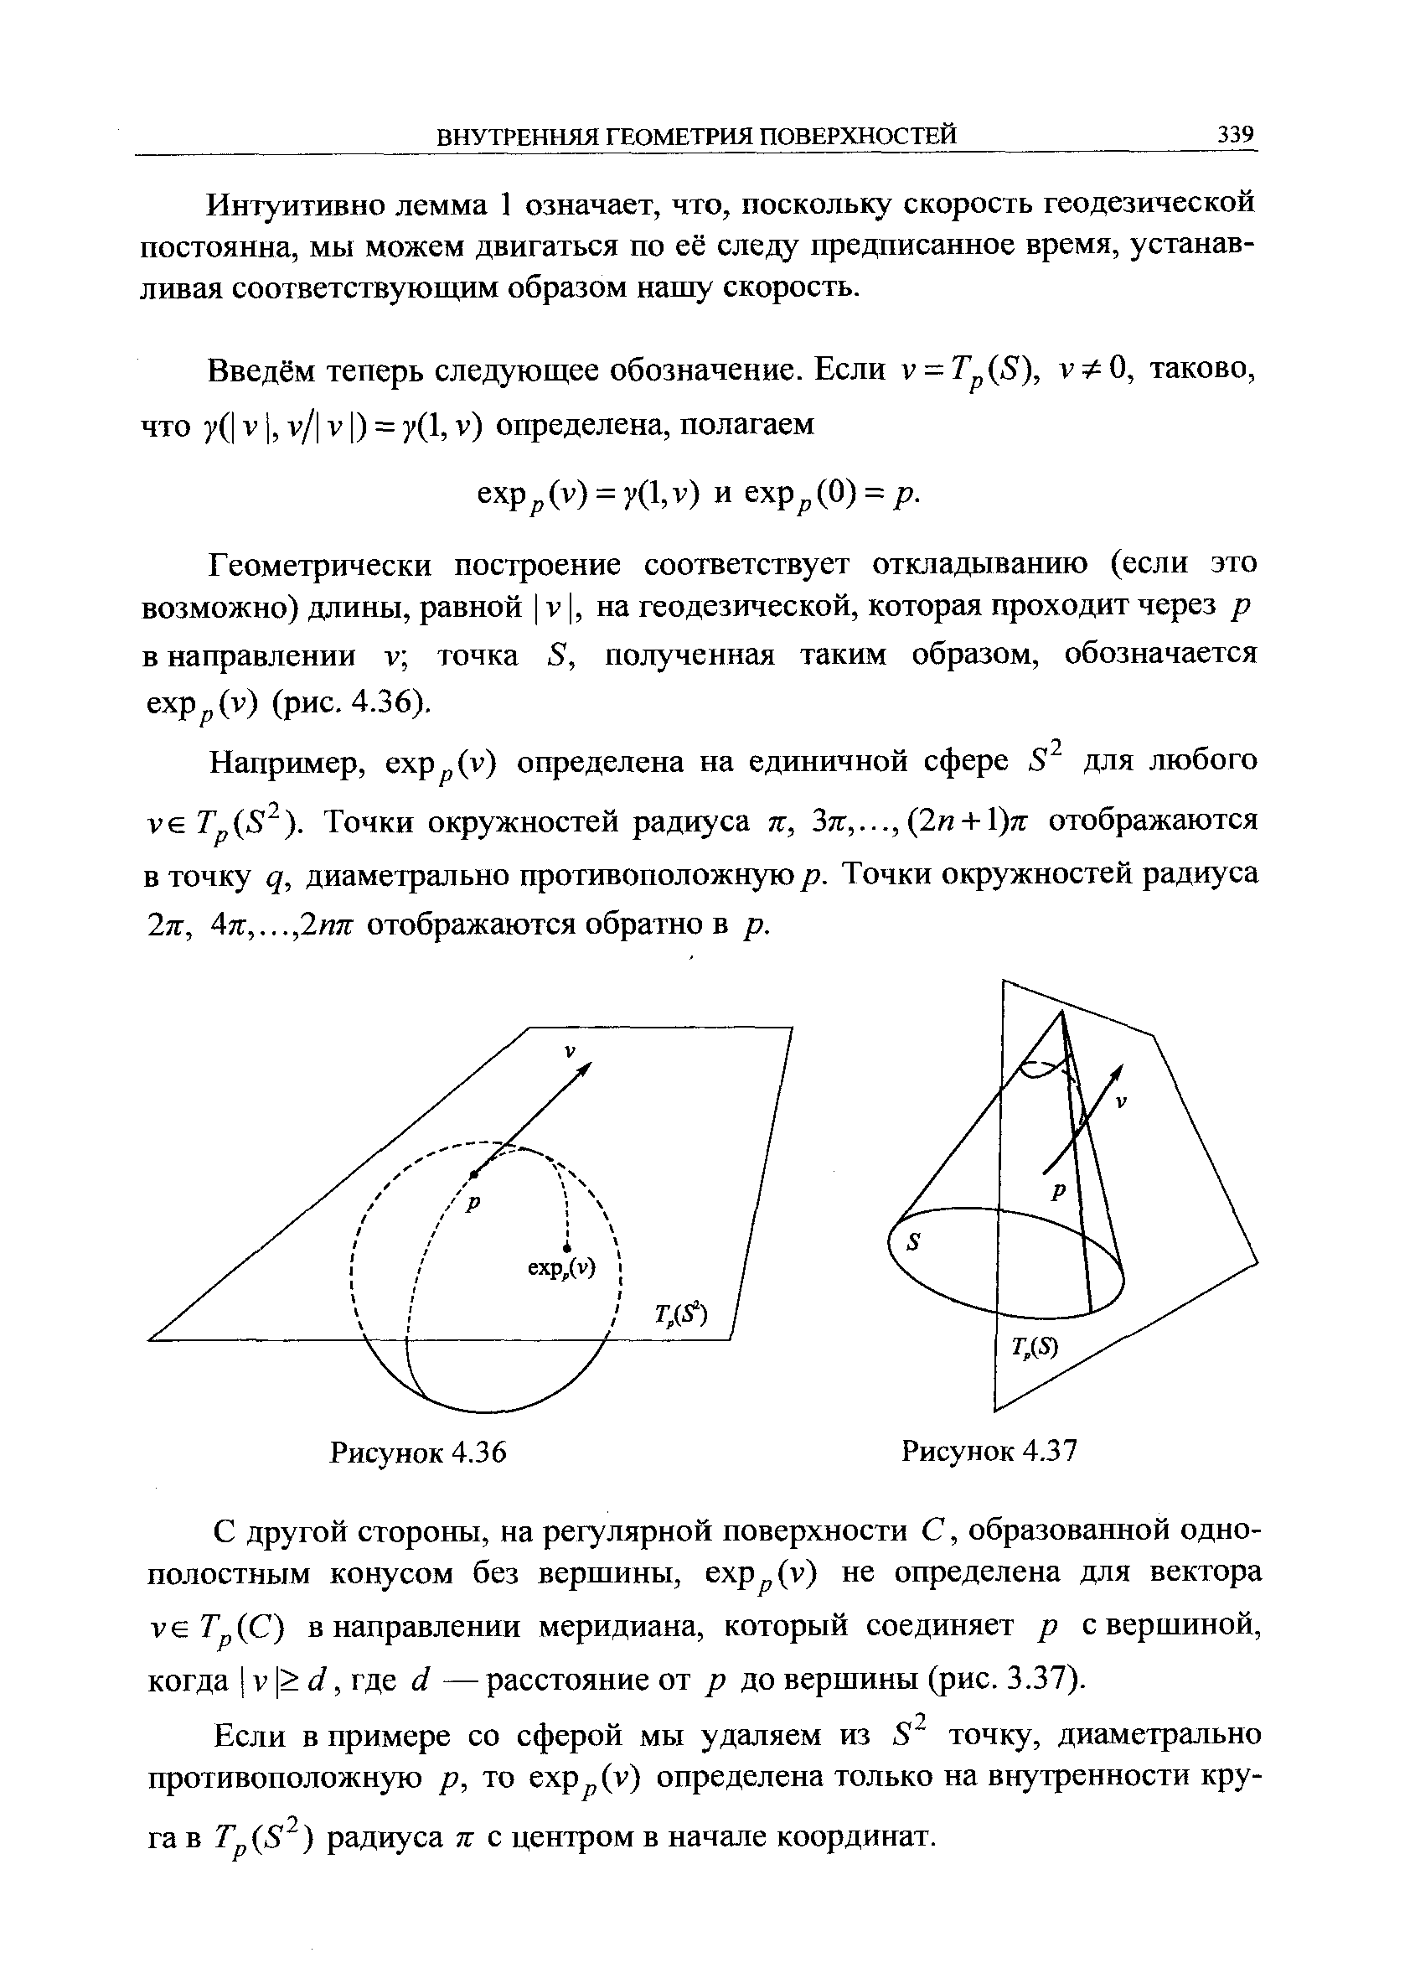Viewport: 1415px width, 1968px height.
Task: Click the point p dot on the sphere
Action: (473, 1174)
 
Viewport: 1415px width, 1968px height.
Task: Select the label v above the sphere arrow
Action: (570, 1051)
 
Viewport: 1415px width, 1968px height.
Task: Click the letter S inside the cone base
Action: (911, 1243)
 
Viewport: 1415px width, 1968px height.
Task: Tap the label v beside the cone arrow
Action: (1120, 1103)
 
